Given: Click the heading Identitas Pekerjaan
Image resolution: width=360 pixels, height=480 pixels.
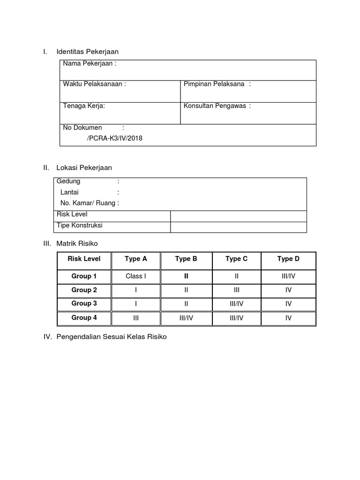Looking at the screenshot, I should [x=87, y=52].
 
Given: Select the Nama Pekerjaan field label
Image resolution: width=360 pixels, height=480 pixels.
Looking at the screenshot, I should [x=90, y=64].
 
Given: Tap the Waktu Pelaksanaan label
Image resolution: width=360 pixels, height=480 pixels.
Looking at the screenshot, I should [x=94, y=84].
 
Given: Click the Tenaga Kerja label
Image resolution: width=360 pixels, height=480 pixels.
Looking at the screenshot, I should [x=84, y=105].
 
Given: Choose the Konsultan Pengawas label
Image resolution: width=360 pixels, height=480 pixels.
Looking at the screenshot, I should [x=217, y=105].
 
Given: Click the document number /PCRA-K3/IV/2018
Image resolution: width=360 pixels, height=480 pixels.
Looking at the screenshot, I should [x=114, y=138].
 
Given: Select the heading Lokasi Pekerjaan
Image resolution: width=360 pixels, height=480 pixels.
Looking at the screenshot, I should [x=84, y=167].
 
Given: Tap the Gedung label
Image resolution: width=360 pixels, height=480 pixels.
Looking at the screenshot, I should [x=68, y=181].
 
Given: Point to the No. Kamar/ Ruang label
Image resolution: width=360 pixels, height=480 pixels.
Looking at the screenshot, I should [x=90, y=203].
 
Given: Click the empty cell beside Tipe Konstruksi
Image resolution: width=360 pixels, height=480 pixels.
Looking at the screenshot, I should [x=238, y=227].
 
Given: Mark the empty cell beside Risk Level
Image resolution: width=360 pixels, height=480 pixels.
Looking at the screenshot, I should [x=238, y=216].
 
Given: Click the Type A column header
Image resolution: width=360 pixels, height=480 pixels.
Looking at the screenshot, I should [x=136, y=259].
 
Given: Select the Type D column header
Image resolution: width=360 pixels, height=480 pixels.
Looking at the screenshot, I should [x=288, y=259].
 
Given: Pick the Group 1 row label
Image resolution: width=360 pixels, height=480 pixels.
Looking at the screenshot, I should [x=84, y=276].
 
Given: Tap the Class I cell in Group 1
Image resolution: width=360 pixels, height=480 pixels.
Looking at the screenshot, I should [x=136, y=276].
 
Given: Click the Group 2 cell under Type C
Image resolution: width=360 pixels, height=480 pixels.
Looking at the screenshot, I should [x=236, y=290].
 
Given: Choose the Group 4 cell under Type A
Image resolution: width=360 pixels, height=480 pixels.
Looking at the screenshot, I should [x=136, y=318].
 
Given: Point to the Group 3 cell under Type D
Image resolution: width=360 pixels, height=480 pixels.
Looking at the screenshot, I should [x=288, y=304].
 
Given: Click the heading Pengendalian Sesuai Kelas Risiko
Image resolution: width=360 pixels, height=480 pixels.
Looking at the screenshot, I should [x=111, y=337].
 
